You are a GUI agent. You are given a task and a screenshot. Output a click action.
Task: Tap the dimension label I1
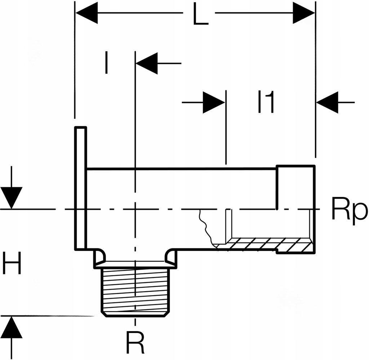pos(266,103)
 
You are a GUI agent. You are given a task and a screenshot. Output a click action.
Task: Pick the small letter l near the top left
pos(106,63)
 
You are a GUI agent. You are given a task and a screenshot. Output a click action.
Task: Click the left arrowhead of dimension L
pos(86,14)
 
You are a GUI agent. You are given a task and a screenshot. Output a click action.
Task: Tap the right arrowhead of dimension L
pos(304,14)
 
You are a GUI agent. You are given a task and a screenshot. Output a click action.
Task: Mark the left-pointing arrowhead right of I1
pos(328,103)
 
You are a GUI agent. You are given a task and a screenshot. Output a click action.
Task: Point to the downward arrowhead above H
pos(12,198)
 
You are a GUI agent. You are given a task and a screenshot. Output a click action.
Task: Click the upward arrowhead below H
pos(12,327)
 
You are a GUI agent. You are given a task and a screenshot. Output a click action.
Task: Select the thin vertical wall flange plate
pos(81,187)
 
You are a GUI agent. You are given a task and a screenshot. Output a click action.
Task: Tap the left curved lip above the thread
pos(99,257)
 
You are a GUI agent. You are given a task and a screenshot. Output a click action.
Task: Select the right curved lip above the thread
pos(171,257)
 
